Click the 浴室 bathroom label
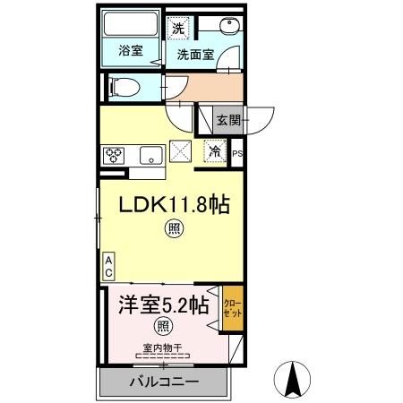[x=130, y=51]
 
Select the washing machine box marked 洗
[x=178, y=26]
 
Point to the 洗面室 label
[x=194, y=55]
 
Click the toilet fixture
[x=122, y=87]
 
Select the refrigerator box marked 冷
[x=216, y=151]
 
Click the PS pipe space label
[x=237, y=154]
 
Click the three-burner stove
[x=116, y=153]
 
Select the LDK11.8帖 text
[x=176, y=205]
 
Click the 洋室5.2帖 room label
[x=159, y=304]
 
